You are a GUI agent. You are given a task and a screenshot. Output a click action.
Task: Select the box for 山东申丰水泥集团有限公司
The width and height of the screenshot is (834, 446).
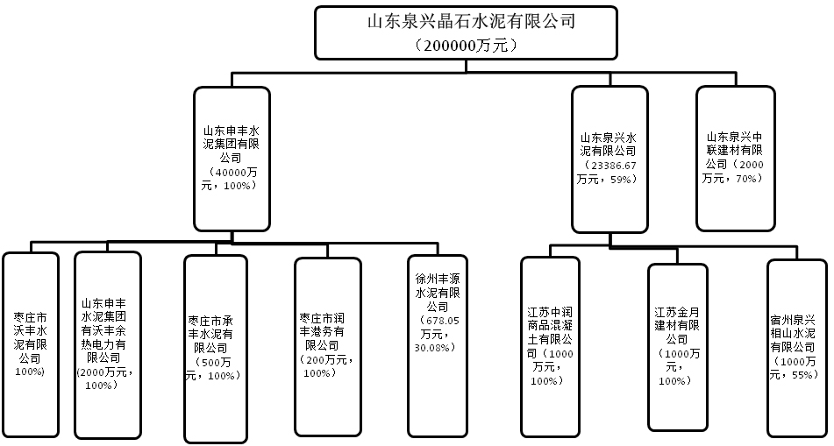[x=231, y=159]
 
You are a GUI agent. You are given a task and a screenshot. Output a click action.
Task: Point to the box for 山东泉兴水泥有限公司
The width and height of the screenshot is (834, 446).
[x=610, y=159]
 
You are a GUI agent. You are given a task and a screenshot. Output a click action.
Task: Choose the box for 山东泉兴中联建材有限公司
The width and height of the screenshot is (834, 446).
[x=736, y=158]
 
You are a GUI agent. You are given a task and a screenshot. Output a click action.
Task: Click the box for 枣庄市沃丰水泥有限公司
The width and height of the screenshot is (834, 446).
[x=31, y=345]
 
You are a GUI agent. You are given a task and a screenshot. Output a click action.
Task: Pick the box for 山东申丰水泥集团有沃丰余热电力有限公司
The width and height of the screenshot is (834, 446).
[x=107, y=345]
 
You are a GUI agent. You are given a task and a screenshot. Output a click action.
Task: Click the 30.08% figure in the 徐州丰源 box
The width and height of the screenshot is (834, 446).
[x=435, y=347]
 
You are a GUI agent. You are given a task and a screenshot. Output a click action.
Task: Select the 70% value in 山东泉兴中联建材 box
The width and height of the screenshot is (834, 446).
[x=748, y=178]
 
